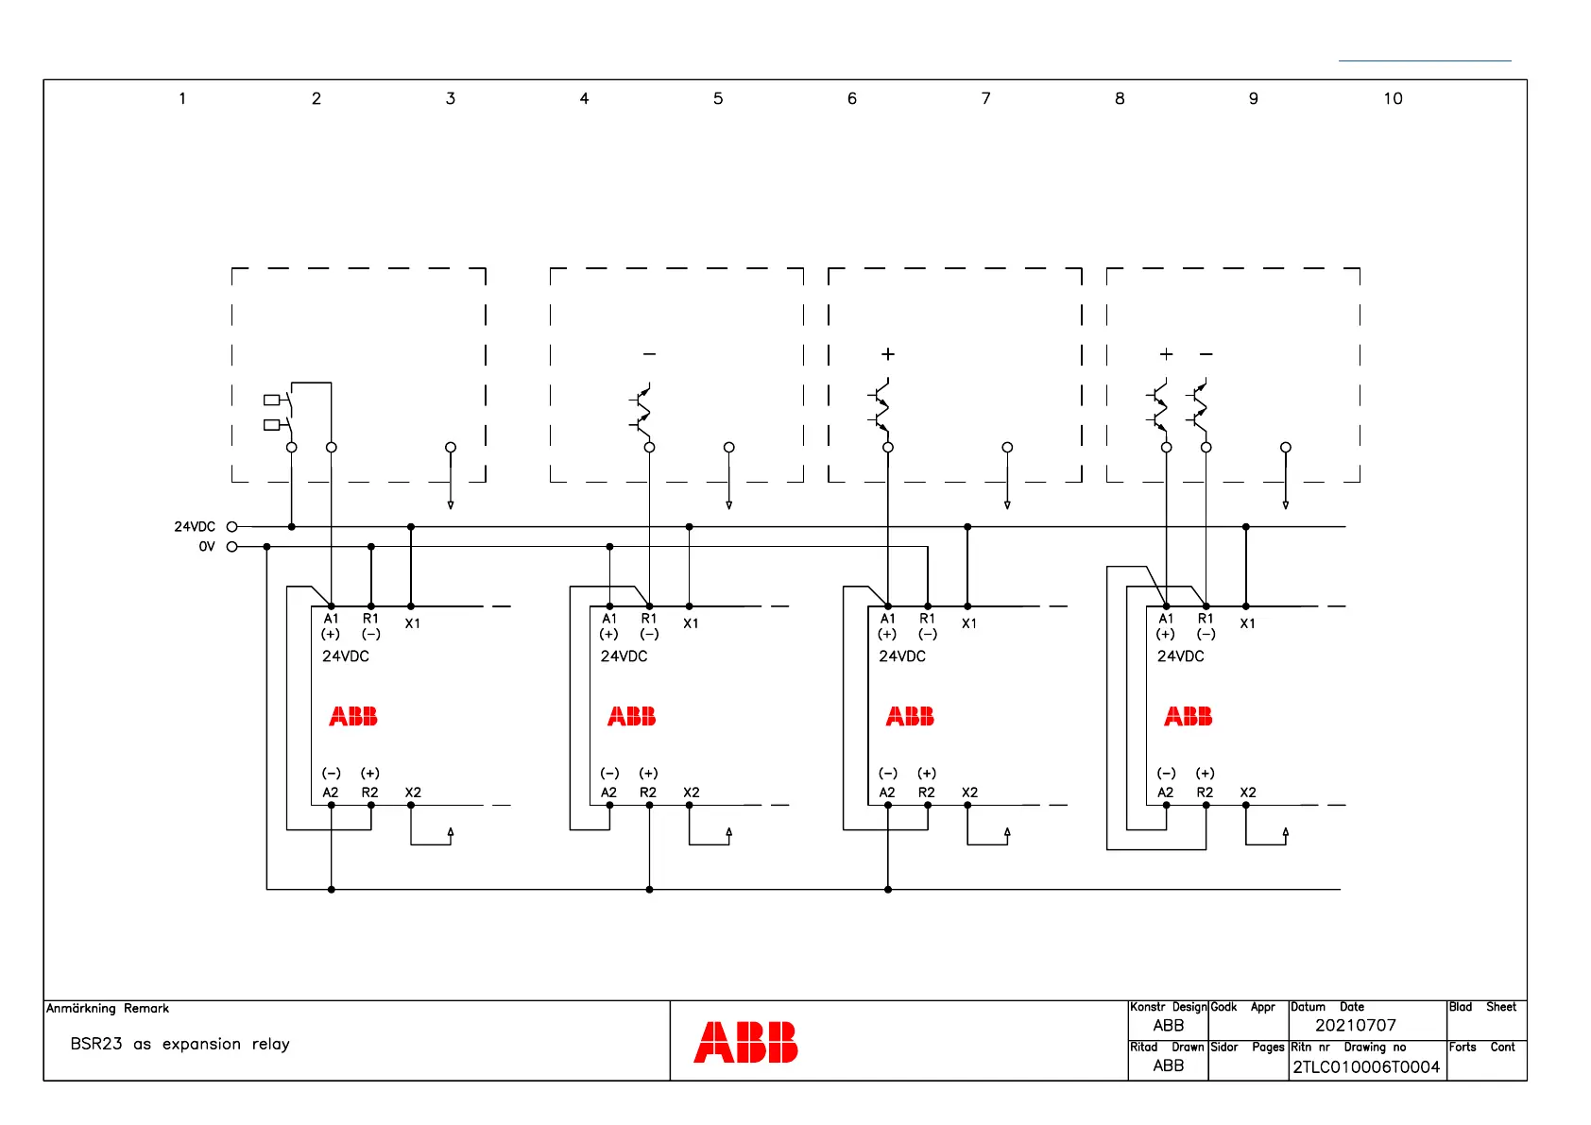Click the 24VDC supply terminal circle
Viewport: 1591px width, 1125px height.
[x=231, y=526]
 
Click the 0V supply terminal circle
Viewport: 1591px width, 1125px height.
[x=231, y=546]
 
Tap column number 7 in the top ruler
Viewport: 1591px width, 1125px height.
[x=985, y=98]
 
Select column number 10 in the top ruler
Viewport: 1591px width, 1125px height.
[x=1393, y=98]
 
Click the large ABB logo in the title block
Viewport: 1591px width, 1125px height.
[x=745, y=1042]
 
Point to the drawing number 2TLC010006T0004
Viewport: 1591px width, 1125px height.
[x=1366, y=1066]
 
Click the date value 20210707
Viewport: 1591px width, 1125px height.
[x=1355, y=1025]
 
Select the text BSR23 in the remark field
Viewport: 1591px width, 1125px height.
[x=96, y=1044]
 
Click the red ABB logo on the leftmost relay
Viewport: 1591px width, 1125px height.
[x=353, y=717]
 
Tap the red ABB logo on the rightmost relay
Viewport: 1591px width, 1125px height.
[x=1188, y=717]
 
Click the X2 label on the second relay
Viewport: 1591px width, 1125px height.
[x=692, y=793]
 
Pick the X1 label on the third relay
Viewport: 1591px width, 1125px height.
[x=969, y=623]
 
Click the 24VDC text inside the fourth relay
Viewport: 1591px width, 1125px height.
[x=1180, y=656]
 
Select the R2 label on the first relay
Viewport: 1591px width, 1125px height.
[x=369, y=793]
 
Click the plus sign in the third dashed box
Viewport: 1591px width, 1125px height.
[x=888, y=354]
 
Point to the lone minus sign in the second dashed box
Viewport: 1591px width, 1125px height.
[x=649, y=354]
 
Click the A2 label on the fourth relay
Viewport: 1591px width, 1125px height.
[x=1165, y=793]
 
